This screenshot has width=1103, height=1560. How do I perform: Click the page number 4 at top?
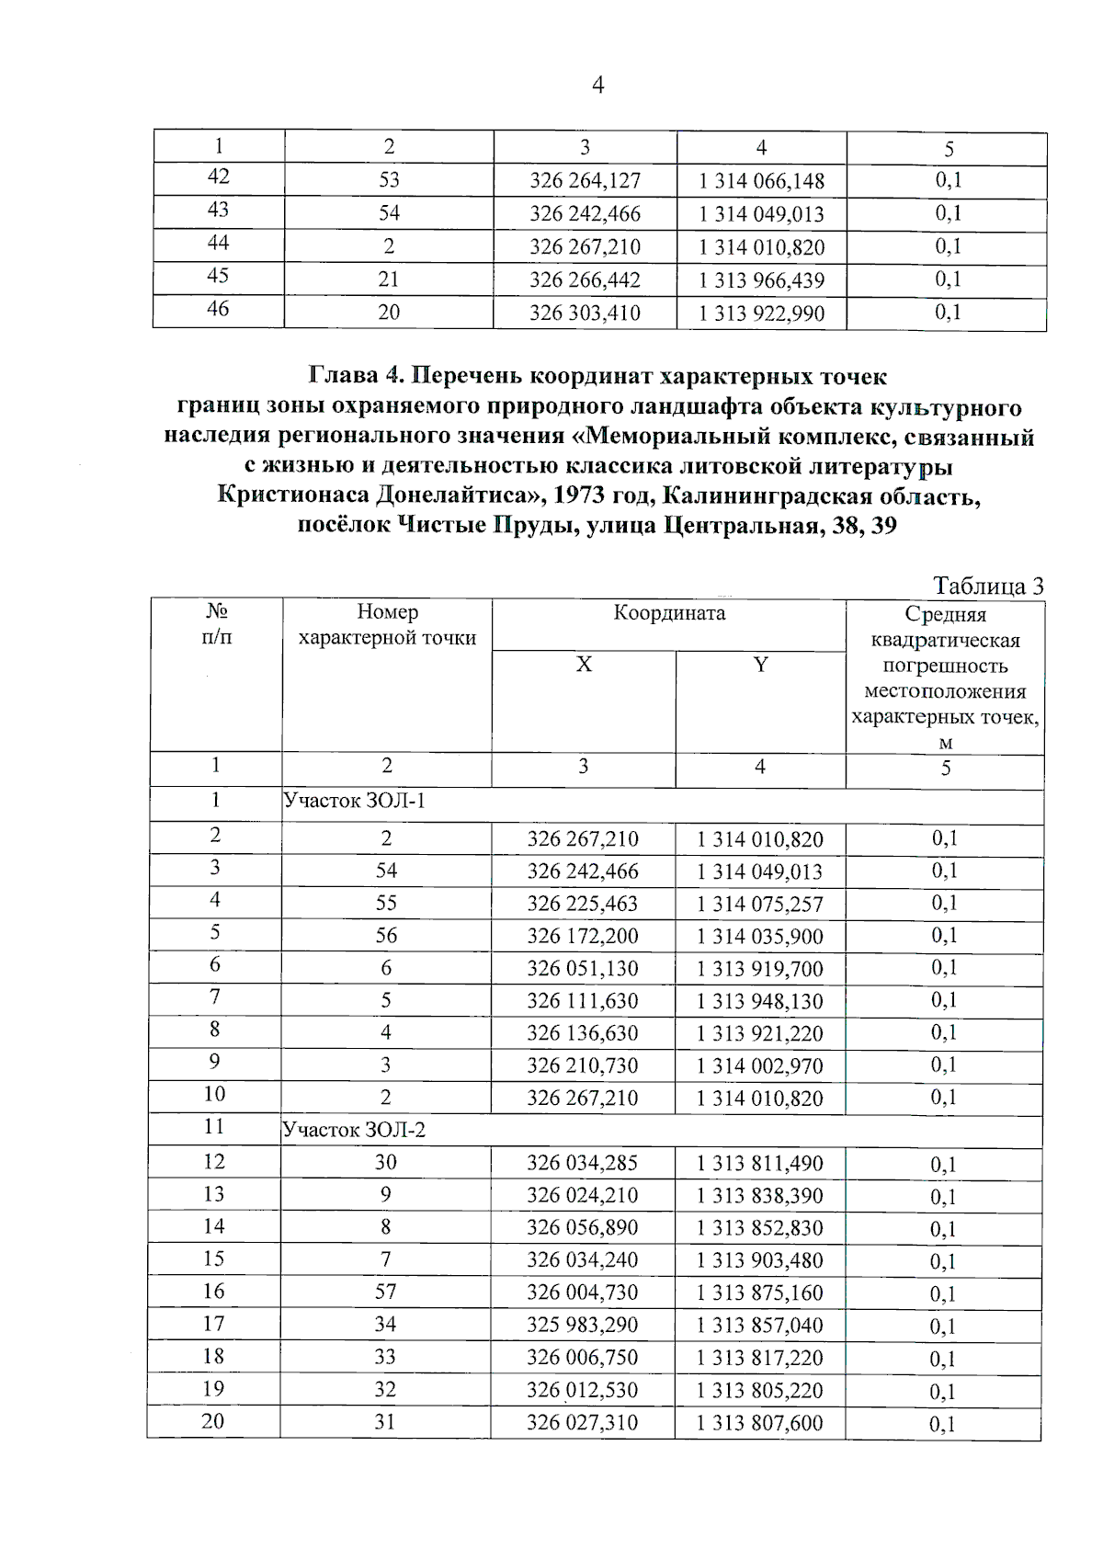[x=598, y=86]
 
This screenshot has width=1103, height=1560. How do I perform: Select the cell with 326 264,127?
[x=585, y=181]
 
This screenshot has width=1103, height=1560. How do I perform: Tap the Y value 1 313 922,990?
[x=761, y=313]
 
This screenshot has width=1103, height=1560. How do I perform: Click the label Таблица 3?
[x=988, y=586]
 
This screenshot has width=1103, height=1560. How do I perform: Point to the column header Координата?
[x=669, y=613]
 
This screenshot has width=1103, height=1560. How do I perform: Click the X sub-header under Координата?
[x=584, y=665]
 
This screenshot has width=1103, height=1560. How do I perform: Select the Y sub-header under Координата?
[x=760, y=665]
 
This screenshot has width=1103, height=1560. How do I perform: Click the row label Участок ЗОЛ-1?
[x=355, y=801]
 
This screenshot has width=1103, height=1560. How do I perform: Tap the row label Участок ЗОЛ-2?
[x=355, y=1130]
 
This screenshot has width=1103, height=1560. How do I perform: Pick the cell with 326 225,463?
[x=582, y=904]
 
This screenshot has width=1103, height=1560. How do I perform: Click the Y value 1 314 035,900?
[x=759, y=937]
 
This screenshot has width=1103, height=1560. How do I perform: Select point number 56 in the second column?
[x=386, y=936]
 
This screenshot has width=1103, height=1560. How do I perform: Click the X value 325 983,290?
[x=582, y=1325]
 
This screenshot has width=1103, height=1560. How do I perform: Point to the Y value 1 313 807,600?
[x=759, y=1423]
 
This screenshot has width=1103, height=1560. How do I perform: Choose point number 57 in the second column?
[x=386, y=1292]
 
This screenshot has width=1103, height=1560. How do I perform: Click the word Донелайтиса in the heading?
[x=450, y=496]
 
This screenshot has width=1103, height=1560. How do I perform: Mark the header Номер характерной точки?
[x=387, y=625]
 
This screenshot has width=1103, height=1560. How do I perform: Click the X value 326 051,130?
[x=582, y=969]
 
